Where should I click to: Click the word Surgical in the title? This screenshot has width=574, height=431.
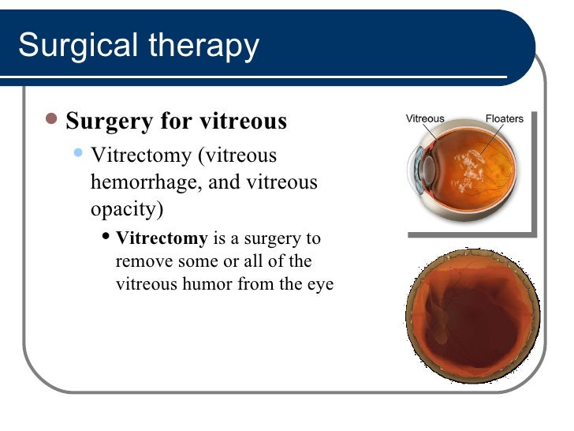72,47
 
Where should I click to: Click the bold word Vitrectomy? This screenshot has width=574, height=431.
162,238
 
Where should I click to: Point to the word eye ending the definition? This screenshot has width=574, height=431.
320,284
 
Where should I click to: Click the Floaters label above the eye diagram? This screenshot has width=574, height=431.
503,119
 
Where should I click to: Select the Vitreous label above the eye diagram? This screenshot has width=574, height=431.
425,119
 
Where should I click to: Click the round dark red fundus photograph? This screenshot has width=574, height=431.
472,317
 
